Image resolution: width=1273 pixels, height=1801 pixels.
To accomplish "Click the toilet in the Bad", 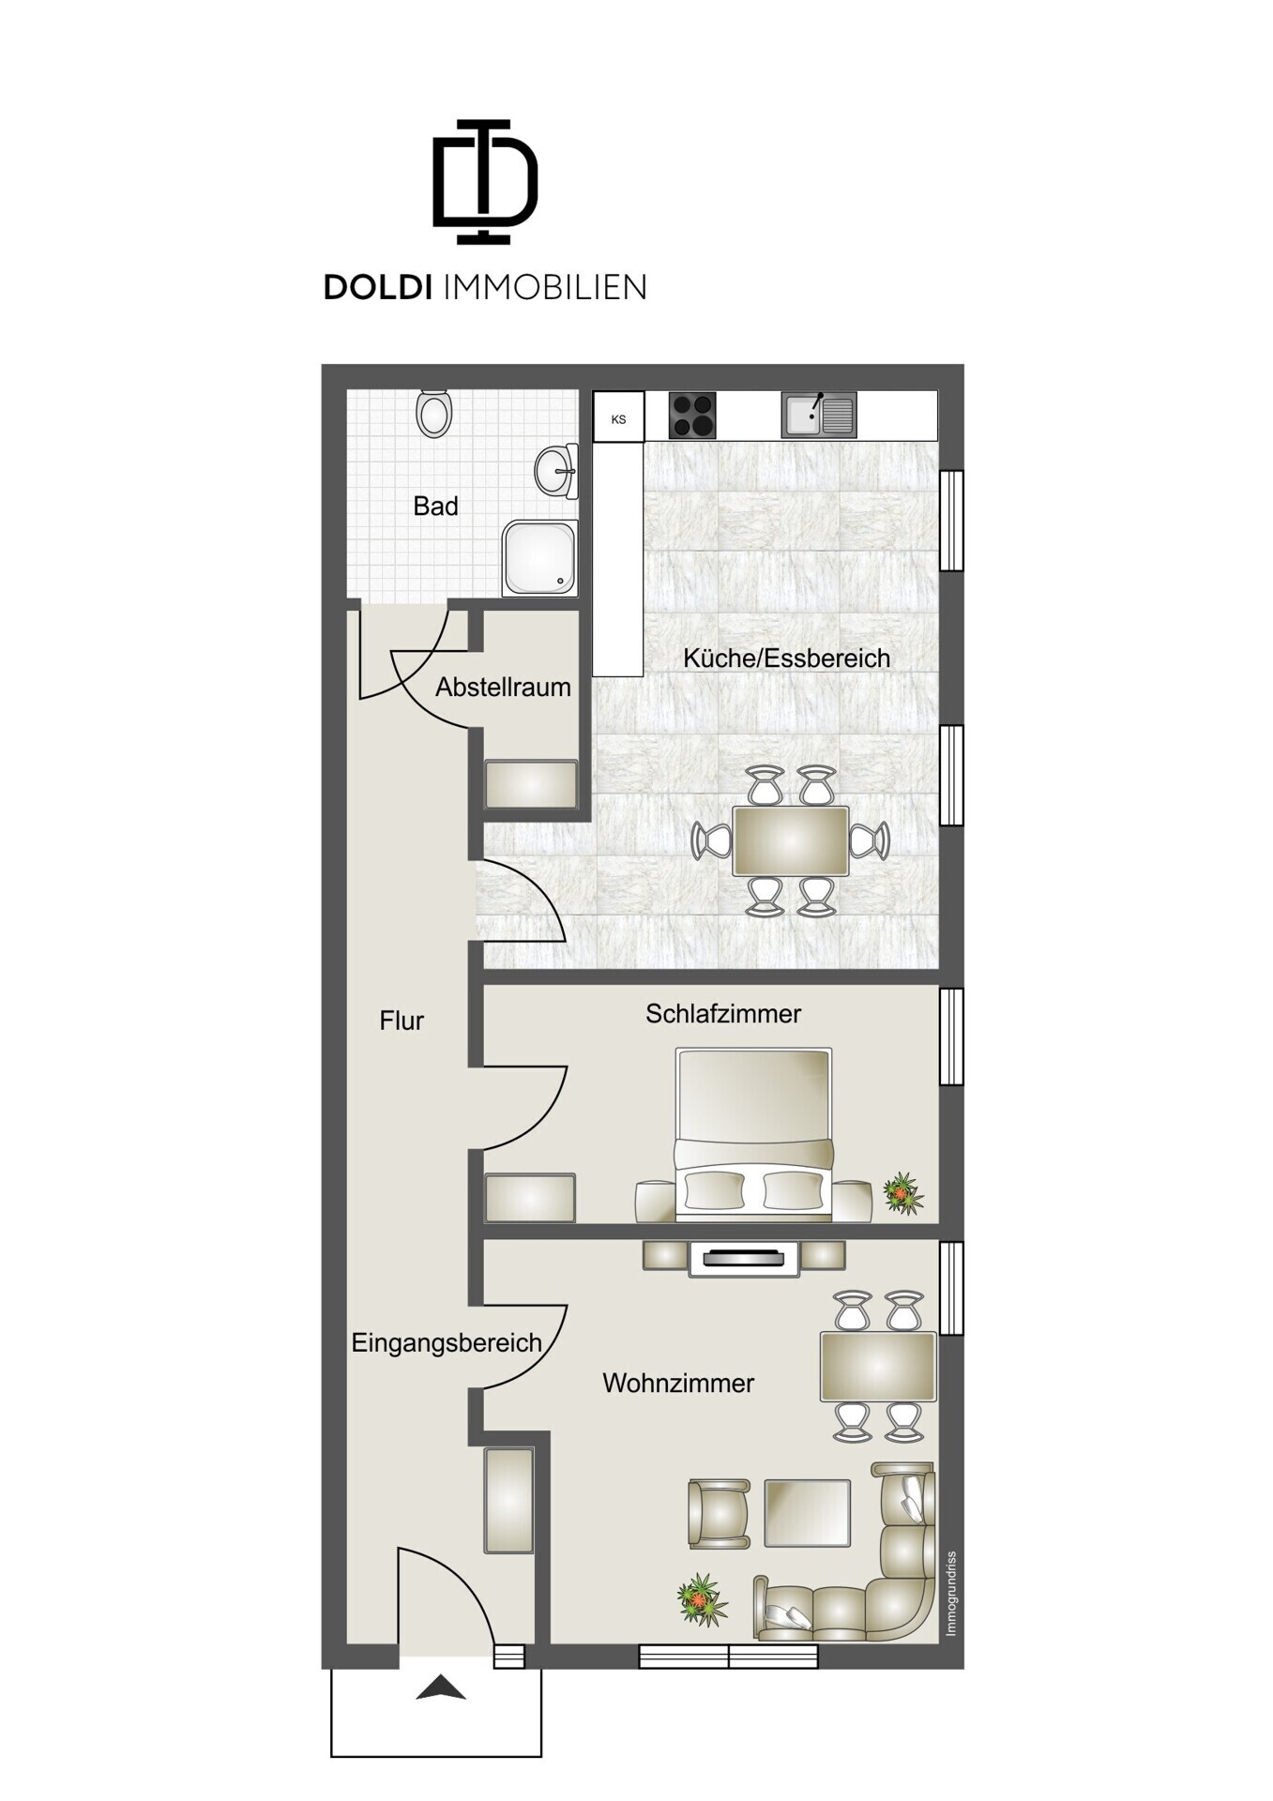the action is point(434,414).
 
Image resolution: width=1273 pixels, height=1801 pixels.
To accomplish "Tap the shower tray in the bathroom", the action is point(539,558).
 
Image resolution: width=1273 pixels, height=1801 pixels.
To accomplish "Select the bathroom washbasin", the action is point(557,470).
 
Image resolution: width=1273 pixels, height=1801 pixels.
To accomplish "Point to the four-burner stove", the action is point(692,416).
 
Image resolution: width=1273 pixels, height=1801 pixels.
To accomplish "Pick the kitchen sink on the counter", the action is point(819,416).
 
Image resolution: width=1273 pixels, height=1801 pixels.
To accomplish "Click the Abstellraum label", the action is point(503,688).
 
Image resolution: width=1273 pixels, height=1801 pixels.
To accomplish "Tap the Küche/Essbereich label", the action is point(786,658).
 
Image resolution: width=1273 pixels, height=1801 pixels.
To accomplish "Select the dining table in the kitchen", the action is point(791,840).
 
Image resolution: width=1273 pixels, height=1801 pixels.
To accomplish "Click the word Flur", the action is point(402,1021).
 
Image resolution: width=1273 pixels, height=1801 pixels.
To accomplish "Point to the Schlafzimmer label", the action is point(723,1014).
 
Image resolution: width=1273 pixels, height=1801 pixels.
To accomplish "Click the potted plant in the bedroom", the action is point(902,1193).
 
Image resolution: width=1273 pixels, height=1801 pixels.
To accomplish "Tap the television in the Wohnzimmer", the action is point(744,1259).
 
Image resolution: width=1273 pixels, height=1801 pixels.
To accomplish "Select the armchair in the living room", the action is point(720,1513).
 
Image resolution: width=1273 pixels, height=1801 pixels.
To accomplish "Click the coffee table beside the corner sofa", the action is point(807,1513).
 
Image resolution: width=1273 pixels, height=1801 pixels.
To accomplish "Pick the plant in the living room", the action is point(703,1600).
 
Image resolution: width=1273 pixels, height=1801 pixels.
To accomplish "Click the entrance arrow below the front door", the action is point(441,1687).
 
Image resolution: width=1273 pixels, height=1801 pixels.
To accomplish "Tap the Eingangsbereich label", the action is point(447,1343).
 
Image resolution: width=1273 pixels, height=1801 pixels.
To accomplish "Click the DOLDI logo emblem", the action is point(485,181).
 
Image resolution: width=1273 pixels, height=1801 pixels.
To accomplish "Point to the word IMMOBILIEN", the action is point(544,287).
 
